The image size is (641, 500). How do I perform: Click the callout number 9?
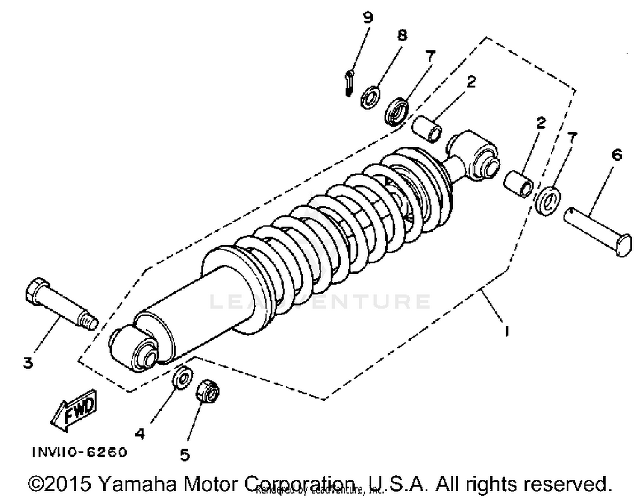pos(368,18)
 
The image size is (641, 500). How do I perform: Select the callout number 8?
pos(402,35)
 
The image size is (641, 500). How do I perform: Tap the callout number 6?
pos(617,154)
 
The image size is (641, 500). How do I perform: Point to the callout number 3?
pos(28,363)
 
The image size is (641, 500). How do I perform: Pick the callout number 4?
pos(140,434)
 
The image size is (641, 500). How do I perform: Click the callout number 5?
pos(184,455)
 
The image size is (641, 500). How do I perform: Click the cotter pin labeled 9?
pos(349,84)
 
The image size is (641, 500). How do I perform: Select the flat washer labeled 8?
pos(370,98)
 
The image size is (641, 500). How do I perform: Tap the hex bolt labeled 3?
pos(60,304)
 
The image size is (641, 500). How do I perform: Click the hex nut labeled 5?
pos(208,391)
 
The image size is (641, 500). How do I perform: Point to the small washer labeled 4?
pos(182,377)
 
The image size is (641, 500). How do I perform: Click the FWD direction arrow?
pos(75,410)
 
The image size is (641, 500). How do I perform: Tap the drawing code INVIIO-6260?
pos(80,452)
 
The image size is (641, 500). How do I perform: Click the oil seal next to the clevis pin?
pos(548,200)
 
